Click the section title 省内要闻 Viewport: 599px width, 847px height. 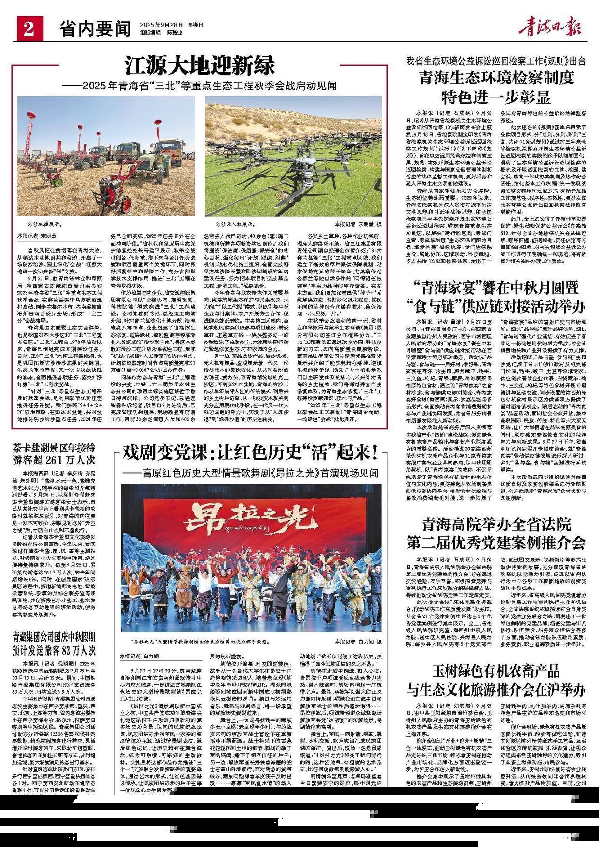[x=95, y=29]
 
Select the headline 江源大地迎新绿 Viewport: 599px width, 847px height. [x=200, y=65]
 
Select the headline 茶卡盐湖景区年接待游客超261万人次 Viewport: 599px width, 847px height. [x=54, y=452]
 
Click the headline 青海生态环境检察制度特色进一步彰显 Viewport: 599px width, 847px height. [x=496, y=87]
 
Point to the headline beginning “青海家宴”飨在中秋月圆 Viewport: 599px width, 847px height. [x=496, y=297]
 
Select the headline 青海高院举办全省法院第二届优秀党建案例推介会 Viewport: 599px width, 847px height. [x=496, y=533]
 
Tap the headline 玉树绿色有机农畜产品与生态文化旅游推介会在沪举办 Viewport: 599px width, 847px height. [x=496, y=680]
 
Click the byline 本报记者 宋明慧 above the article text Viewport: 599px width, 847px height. [x=37, y=236]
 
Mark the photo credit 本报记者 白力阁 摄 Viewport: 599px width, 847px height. [x=358, y=642]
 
